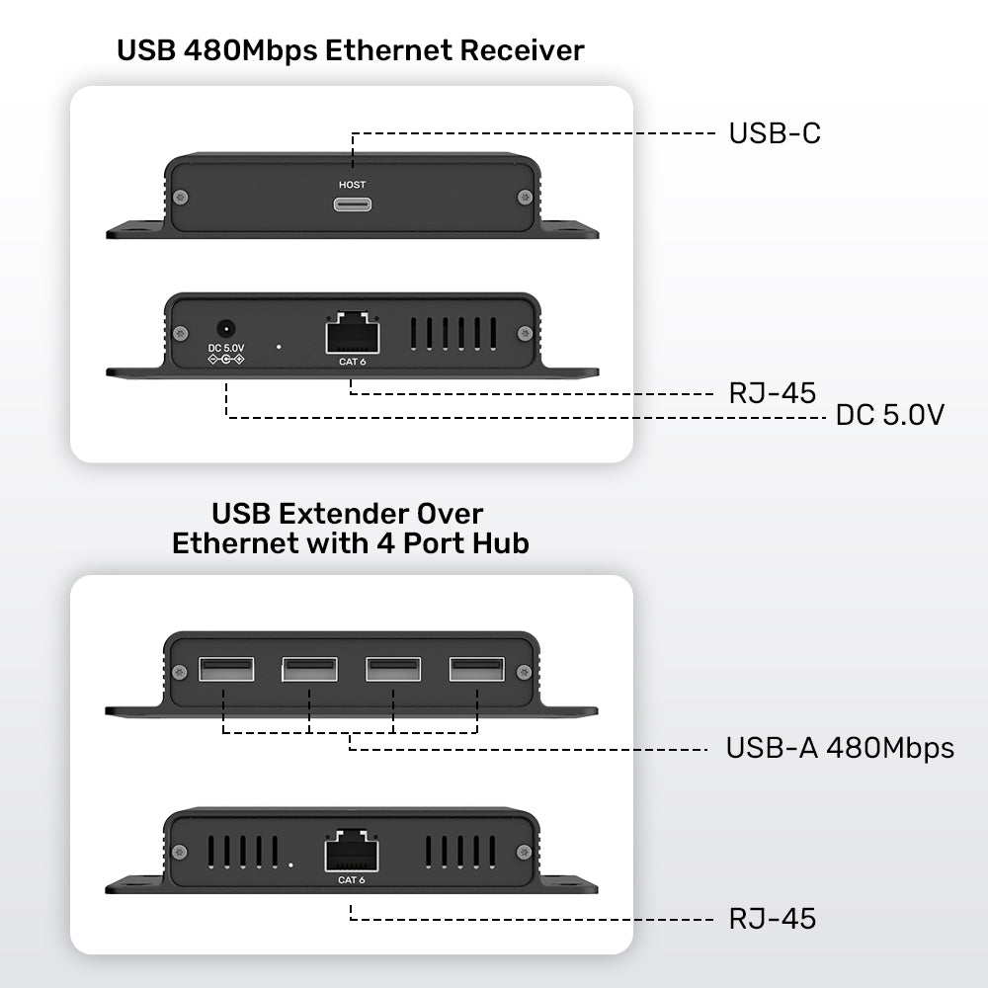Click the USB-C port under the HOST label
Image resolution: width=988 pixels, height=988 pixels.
[x=352, y=206]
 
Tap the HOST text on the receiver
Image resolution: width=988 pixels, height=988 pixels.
[x=352, y=185]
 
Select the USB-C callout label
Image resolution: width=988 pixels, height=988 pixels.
[x=775, y=133]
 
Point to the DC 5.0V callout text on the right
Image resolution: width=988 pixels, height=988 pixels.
[x=890, y=416]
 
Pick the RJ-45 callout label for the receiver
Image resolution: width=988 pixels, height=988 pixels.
[x=773, y=393]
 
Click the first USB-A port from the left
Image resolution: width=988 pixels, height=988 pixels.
[x=225, y=670]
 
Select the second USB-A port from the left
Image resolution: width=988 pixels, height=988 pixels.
[x=309, y=670]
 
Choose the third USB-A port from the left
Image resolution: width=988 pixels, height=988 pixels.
[x=393, y=670]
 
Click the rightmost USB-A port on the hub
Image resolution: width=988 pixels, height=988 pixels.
[x=477, y=670]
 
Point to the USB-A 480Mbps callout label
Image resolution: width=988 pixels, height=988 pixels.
[x=840, y=748]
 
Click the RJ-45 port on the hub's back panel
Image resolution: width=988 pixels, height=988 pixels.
[x=352, y=850]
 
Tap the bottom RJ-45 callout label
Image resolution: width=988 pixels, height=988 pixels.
[x=773, y=919]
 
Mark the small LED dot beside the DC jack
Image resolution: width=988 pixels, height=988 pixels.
[x=280, y=347]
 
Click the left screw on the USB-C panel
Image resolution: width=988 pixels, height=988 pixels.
[x=179, y=198]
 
